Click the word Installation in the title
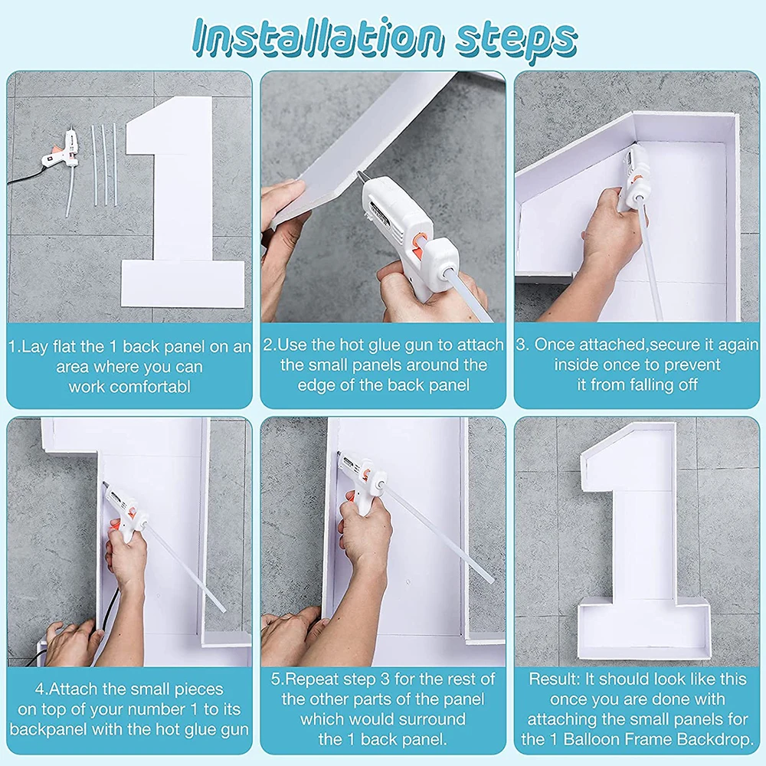pyautogui.click(x=318, y=38)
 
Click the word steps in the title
pyautogui.click(x=516, y=40)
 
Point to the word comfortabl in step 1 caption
pyautogui.click(x=129, y=387)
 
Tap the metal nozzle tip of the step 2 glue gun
pyautogui.click(x=362, y=177)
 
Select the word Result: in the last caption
pyautogui.click(x=555, y=679)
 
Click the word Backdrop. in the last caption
pyautogui.click(x=717, y=739)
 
